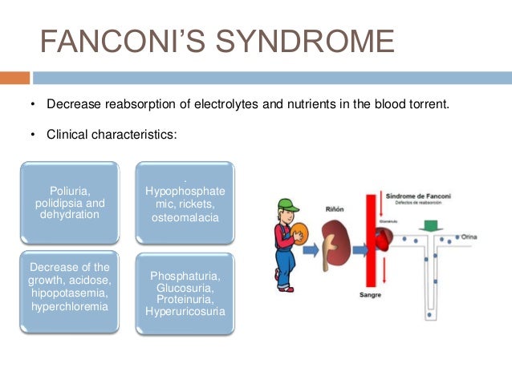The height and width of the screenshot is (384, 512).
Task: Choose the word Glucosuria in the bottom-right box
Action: (x=185, y=288)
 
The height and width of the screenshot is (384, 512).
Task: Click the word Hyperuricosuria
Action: (x=185, y=310)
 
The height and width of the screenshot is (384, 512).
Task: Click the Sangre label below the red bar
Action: (x=372, y=295)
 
